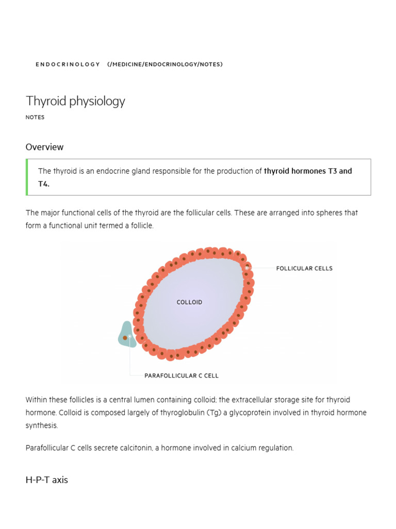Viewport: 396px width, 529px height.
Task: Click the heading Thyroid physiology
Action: (x=75, y=101)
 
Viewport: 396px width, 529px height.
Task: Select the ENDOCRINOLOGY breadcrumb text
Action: (x=68, y=64)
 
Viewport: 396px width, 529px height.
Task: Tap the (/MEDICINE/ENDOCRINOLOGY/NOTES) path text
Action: (x=165, y=64)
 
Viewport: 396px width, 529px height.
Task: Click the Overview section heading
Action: (x=44, y=147)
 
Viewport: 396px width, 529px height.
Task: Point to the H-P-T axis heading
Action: (x=46, y=480)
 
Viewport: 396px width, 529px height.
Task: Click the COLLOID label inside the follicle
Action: (x=189, y=302)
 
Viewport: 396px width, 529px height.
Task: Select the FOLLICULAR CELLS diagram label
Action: (x=304, y=269)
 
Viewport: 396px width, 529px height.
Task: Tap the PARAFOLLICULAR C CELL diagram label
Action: (x=181, y=376)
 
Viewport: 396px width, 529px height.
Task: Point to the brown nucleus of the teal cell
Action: (x=125, y=338)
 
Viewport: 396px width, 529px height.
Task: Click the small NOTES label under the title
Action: (x=35, y=117)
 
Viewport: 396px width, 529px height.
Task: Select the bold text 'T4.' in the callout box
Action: (x=44, y=184)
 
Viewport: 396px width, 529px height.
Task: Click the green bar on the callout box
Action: (x=27, y=177)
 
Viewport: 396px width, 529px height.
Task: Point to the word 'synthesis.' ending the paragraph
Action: (x=42, y=426)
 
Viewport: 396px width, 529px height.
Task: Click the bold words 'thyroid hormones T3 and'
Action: (x=308, y=171)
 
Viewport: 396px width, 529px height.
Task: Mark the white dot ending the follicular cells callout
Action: (x=247, y=268)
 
